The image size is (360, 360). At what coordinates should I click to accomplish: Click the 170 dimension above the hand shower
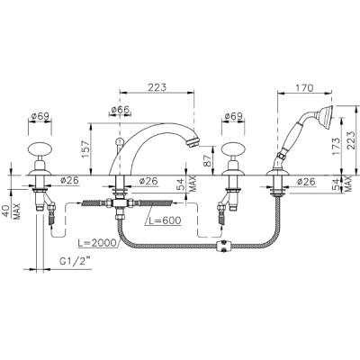coord(305,88)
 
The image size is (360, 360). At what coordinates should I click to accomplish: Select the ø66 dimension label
coord(121,110)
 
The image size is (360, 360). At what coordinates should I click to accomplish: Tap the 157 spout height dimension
coord(86,149)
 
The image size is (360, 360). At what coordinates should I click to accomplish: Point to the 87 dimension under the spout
coord(208,160)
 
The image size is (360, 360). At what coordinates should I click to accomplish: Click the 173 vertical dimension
coord(337,147)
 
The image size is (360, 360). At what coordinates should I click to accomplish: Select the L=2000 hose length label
coord(97,242)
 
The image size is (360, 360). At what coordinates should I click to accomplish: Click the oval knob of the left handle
coord(40,149)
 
